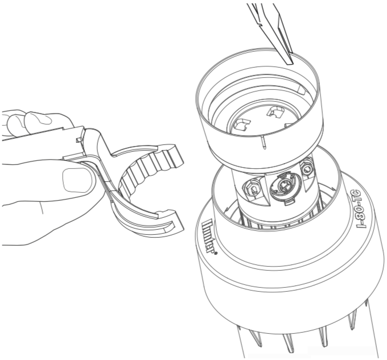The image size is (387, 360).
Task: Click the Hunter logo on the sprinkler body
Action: click(208, 236)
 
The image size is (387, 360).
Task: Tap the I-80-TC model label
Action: click(361, 209)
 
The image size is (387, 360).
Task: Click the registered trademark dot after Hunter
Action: click(216, 253)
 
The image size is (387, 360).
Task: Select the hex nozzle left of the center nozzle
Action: click(253, 189)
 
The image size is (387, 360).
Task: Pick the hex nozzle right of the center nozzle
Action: click(306, 168)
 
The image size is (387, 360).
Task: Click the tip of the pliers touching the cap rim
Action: click(290, 63)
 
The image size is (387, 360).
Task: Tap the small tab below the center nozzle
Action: click(288, 202)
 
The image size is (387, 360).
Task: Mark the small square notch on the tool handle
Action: click(79, 140)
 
